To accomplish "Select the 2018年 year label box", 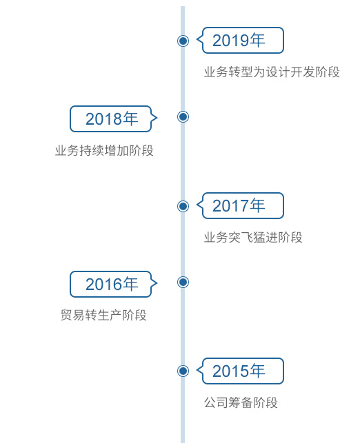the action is point(113,119).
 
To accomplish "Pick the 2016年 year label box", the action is point(113,284).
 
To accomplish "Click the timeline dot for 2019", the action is point(183,41).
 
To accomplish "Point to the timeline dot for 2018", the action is point(183,116).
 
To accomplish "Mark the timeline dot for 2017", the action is point(183,206).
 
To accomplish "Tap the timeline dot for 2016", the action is point(183,282).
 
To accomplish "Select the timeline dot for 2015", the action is point(183,371).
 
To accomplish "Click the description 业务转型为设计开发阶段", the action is point(272,72).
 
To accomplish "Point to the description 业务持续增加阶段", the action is point(104,150).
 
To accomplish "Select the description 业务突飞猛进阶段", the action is point(253,237).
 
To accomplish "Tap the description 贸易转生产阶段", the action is point(103,315).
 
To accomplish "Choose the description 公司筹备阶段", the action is point(241,402).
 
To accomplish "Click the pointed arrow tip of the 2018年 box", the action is point(157,118).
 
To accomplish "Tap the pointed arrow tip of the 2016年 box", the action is point(157,282).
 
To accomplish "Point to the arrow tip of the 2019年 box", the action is point(197,40).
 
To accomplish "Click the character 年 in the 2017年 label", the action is point(257,205).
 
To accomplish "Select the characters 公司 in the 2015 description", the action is point(217,402).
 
